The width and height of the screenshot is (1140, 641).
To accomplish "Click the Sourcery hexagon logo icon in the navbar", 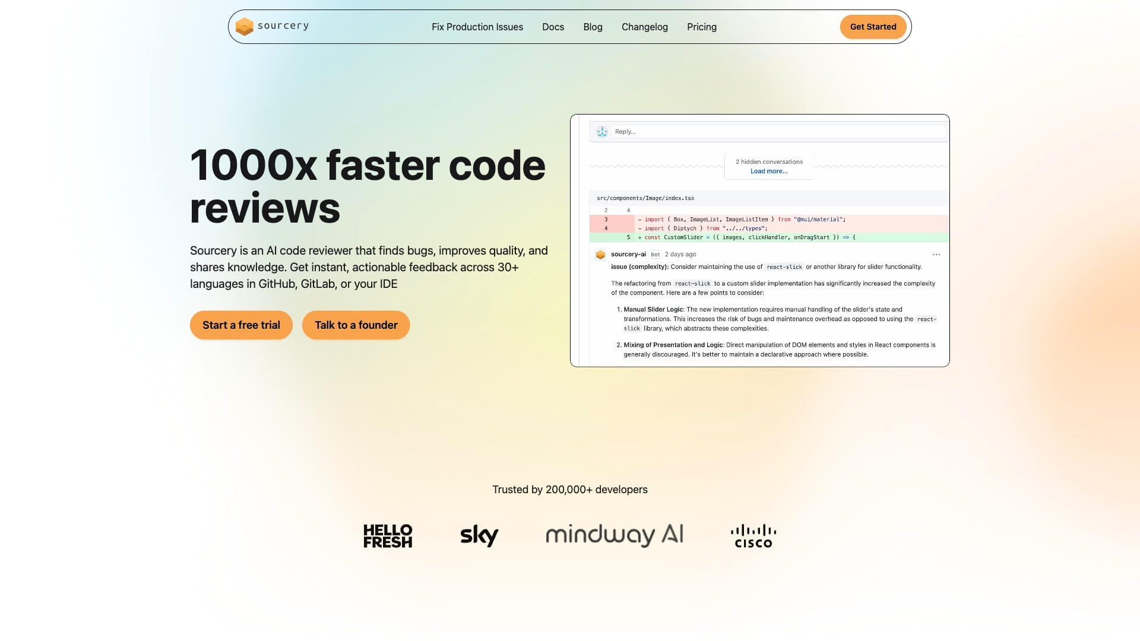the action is click(244, 27).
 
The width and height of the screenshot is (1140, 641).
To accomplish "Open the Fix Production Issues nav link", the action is click(477, 27).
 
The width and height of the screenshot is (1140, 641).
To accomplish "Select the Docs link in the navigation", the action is click(553, 27).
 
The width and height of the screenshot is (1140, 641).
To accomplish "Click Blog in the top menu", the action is click(593, 27).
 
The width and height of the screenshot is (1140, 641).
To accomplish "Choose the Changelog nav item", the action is click(645, 27).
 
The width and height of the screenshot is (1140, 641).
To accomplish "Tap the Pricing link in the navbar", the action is click(702, 27).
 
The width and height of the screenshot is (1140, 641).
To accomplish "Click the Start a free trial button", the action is click(241, 325).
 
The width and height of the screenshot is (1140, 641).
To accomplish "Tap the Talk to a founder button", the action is click(356, 325).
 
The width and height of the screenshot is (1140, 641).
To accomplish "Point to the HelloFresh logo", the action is click(388, 536).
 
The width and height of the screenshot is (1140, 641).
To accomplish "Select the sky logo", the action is click(479, 535).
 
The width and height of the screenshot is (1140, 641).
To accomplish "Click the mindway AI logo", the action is click(615, 535).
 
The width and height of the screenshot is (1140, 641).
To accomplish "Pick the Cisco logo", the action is click(753, 536).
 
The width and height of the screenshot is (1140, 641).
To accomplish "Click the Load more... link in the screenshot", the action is click(769, 171).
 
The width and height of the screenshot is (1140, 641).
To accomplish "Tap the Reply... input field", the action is click(778, 132).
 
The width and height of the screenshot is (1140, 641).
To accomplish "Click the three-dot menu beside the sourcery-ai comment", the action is click(936, 255).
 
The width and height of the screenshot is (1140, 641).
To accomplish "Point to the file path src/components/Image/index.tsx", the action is click(645, 198).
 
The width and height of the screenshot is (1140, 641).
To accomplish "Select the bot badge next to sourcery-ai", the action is click(655, 255).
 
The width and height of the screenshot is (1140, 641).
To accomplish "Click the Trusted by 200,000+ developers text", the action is click(570, 490).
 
